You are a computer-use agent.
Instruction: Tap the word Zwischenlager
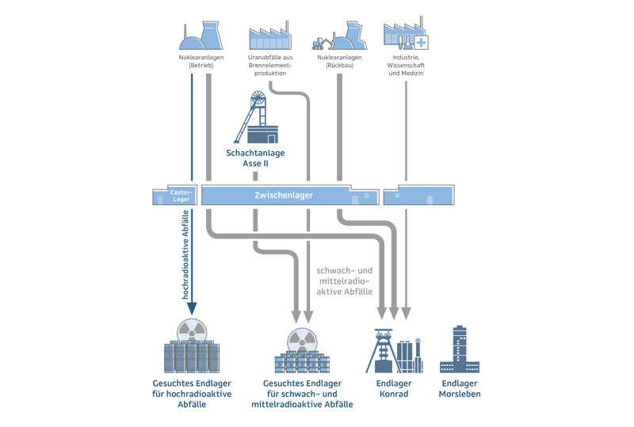(283, 195)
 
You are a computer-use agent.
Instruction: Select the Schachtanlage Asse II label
(255, 158)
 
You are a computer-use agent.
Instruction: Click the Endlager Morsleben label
(460, 388)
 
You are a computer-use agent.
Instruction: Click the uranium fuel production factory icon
(270, 36)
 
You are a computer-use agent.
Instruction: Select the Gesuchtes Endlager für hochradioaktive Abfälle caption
(192, 393)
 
